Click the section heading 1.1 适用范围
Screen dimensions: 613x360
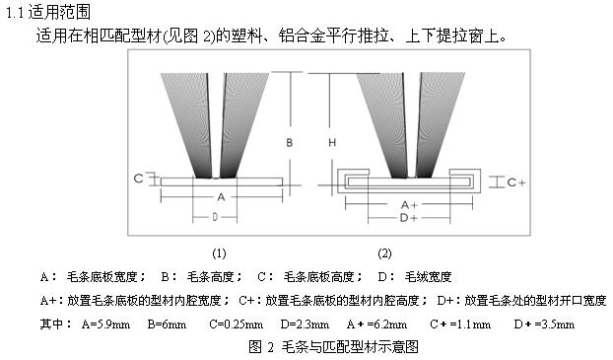coord(48,13)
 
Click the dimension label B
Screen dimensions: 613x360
coord(290,142)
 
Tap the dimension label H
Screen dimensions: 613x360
coord(332,142)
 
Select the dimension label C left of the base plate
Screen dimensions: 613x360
coord(138,179)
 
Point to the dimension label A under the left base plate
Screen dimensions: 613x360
coord(221,197)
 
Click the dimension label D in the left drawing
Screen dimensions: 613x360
coord(215,216)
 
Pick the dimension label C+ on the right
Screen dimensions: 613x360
coord(516,182)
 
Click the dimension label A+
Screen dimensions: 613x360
coord(409,204)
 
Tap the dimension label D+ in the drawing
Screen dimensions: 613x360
coord(409,218)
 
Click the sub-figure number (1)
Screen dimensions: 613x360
coord(219,253)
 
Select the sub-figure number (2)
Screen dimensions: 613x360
coord(384,253)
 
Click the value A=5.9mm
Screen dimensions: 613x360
coord(105,324)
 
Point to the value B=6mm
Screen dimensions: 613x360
coord(167,324)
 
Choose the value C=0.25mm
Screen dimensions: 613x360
coord(237,324)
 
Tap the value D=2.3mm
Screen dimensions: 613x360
coord(305,324)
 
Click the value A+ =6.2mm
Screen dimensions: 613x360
coord(376,324)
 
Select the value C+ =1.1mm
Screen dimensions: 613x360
coord(460,324)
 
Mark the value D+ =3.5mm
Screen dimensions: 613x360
coord(544,324)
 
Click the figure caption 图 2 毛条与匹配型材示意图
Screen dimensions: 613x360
coord(333,347)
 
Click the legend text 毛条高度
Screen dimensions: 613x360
coord(211,277)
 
